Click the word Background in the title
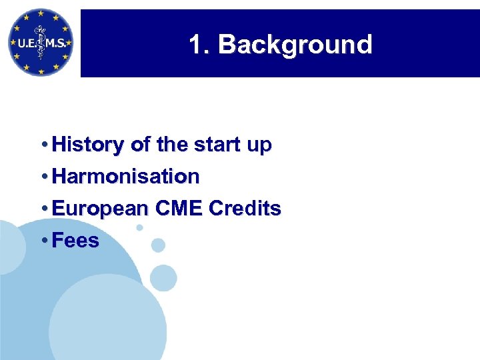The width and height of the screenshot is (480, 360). click(295, 45)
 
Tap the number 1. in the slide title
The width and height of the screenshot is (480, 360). click(199, 45)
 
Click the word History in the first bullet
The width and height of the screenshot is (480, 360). click(85, 145)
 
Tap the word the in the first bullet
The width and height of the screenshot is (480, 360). click(160, 145)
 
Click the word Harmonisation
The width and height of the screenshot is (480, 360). click(125, 177)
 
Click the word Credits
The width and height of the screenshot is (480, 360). click(245, 209)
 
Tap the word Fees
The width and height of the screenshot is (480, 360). click(75, 241)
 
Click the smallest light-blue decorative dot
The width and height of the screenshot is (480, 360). click(139, 227)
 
